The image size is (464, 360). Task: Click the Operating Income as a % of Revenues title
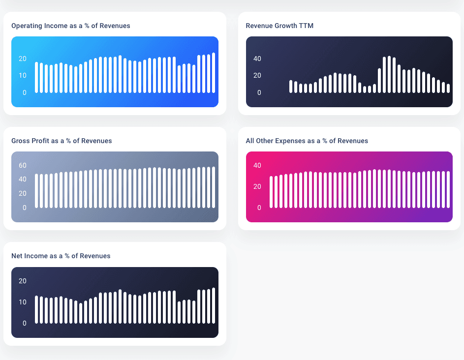[x=71, y=26]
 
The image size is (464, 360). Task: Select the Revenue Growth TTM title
[x=279, y=26]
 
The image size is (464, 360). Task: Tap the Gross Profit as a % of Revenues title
[x=62, y=141]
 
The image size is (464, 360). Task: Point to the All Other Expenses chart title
[x=307, y=141]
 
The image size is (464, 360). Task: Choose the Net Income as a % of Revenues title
[x=61, y=256]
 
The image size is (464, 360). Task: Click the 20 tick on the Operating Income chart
[x=23, y=59]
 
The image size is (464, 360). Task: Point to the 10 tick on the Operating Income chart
[x=23, y=75]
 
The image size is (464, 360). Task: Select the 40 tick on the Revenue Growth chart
[x=257, y=59]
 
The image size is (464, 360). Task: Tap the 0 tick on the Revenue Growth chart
[x=259, y=92]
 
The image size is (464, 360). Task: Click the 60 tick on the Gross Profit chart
[x=23, y=165]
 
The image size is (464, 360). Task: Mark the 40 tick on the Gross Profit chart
[x=23, y=179]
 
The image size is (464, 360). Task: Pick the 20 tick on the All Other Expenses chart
[x=257, y=186]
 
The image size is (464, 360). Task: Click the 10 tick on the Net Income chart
[x=23, y=302]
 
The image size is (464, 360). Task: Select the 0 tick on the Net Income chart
[x=25, y=323]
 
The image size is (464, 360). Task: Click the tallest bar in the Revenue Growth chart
[x=389, y=74]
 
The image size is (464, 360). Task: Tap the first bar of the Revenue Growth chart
[x=291, y=87]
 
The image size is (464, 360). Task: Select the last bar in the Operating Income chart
[x=214, y=73]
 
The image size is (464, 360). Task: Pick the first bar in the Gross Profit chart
[x=37, y=191]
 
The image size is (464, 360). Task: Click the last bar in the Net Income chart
[x=214, y=305]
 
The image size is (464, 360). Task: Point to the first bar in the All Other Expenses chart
[x=271, y=192]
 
